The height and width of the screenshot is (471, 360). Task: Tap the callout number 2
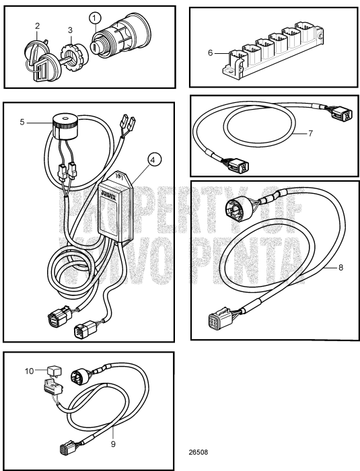click(38, 26)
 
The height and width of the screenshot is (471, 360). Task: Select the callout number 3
click(69, 30)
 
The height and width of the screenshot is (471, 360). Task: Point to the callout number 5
click(22, 122)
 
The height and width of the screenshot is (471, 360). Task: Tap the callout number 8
click(340, 267)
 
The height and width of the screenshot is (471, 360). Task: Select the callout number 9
click(114, 443)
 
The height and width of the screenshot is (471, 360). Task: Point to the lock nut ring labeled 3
click(69, 52)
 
